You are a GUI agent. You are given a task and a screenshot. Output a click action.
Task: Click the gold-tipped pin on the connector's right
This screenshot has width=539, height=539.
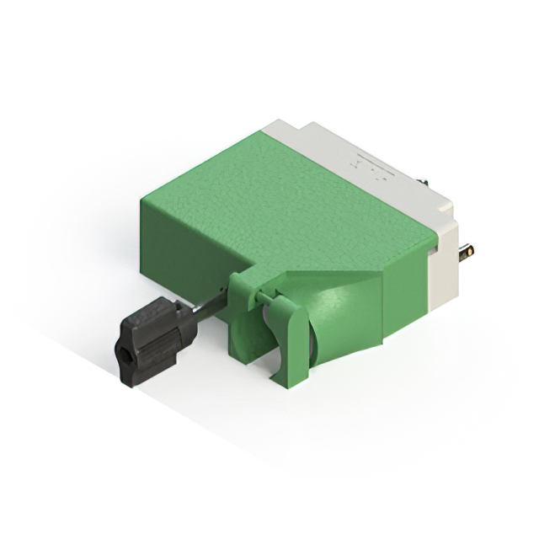coord(465,250)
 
